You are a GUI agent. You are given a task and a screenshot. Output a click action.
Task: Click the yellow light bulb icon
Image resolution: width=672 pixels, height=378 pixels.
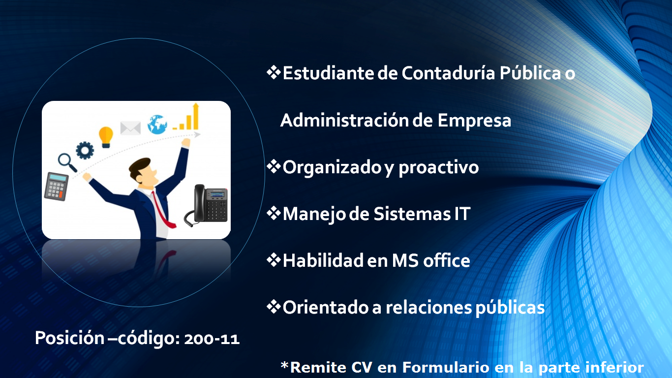[106, 137]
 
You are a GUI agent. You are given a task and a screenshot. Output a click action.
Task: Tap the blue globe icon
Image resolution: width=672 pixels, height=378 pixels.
[157, 125]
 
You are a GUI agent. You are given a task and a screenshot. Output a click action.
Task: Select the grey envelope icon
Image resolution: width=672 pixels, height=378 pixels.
[130, 128]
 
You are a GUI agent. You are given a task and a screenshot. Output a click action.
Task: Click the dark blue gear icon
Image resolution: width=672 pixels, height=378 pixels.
[85, 150]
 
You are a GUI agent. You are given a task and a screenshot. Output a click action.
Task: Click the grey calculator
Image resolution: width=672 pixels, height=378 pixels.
[57, 187]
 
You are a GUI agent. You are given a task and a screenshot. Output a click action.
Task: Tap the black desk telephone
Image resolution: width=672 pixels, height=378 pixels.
[207, 205]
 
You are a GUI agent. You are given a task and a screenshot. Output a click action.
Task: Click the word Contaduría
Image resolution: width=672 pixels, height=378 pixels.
[448, 73]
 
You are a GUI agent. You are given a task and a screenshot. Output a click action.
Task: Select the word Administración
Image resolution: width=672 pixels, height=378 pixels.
[344, 121]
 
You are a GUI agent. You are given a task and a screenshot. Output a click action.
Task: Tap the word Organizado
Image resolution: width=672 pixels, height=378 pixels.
[332, 167]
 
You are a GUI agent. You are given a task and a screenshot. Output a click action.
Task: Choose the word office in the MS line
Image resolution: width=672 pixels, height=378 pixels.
[446, 260]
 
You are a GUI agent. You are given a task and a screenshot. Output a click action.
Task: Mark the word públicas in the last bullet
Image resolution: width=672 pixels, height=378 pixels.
[510, 308]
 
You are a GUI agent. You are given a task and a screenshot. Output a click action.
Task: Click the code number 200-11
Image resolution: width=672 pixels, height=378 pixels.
[212, 339]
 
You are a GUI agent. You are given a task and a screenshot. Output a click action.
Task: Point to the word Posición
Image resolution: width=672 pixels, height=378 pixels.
[69, 338]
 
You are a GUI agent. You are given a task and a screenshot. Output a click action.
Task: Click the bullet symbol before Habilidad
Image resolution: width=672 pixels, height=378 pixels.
[274, 260]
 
